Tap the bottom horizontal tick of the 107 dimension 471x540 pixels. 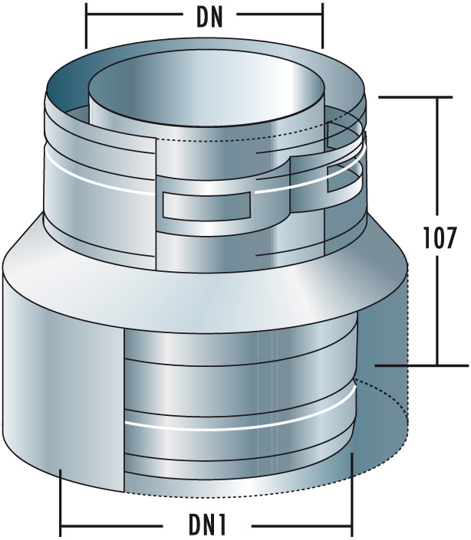[x=407, y=365]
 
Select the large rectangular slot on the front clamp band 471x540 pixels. [x=208, y=205]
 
